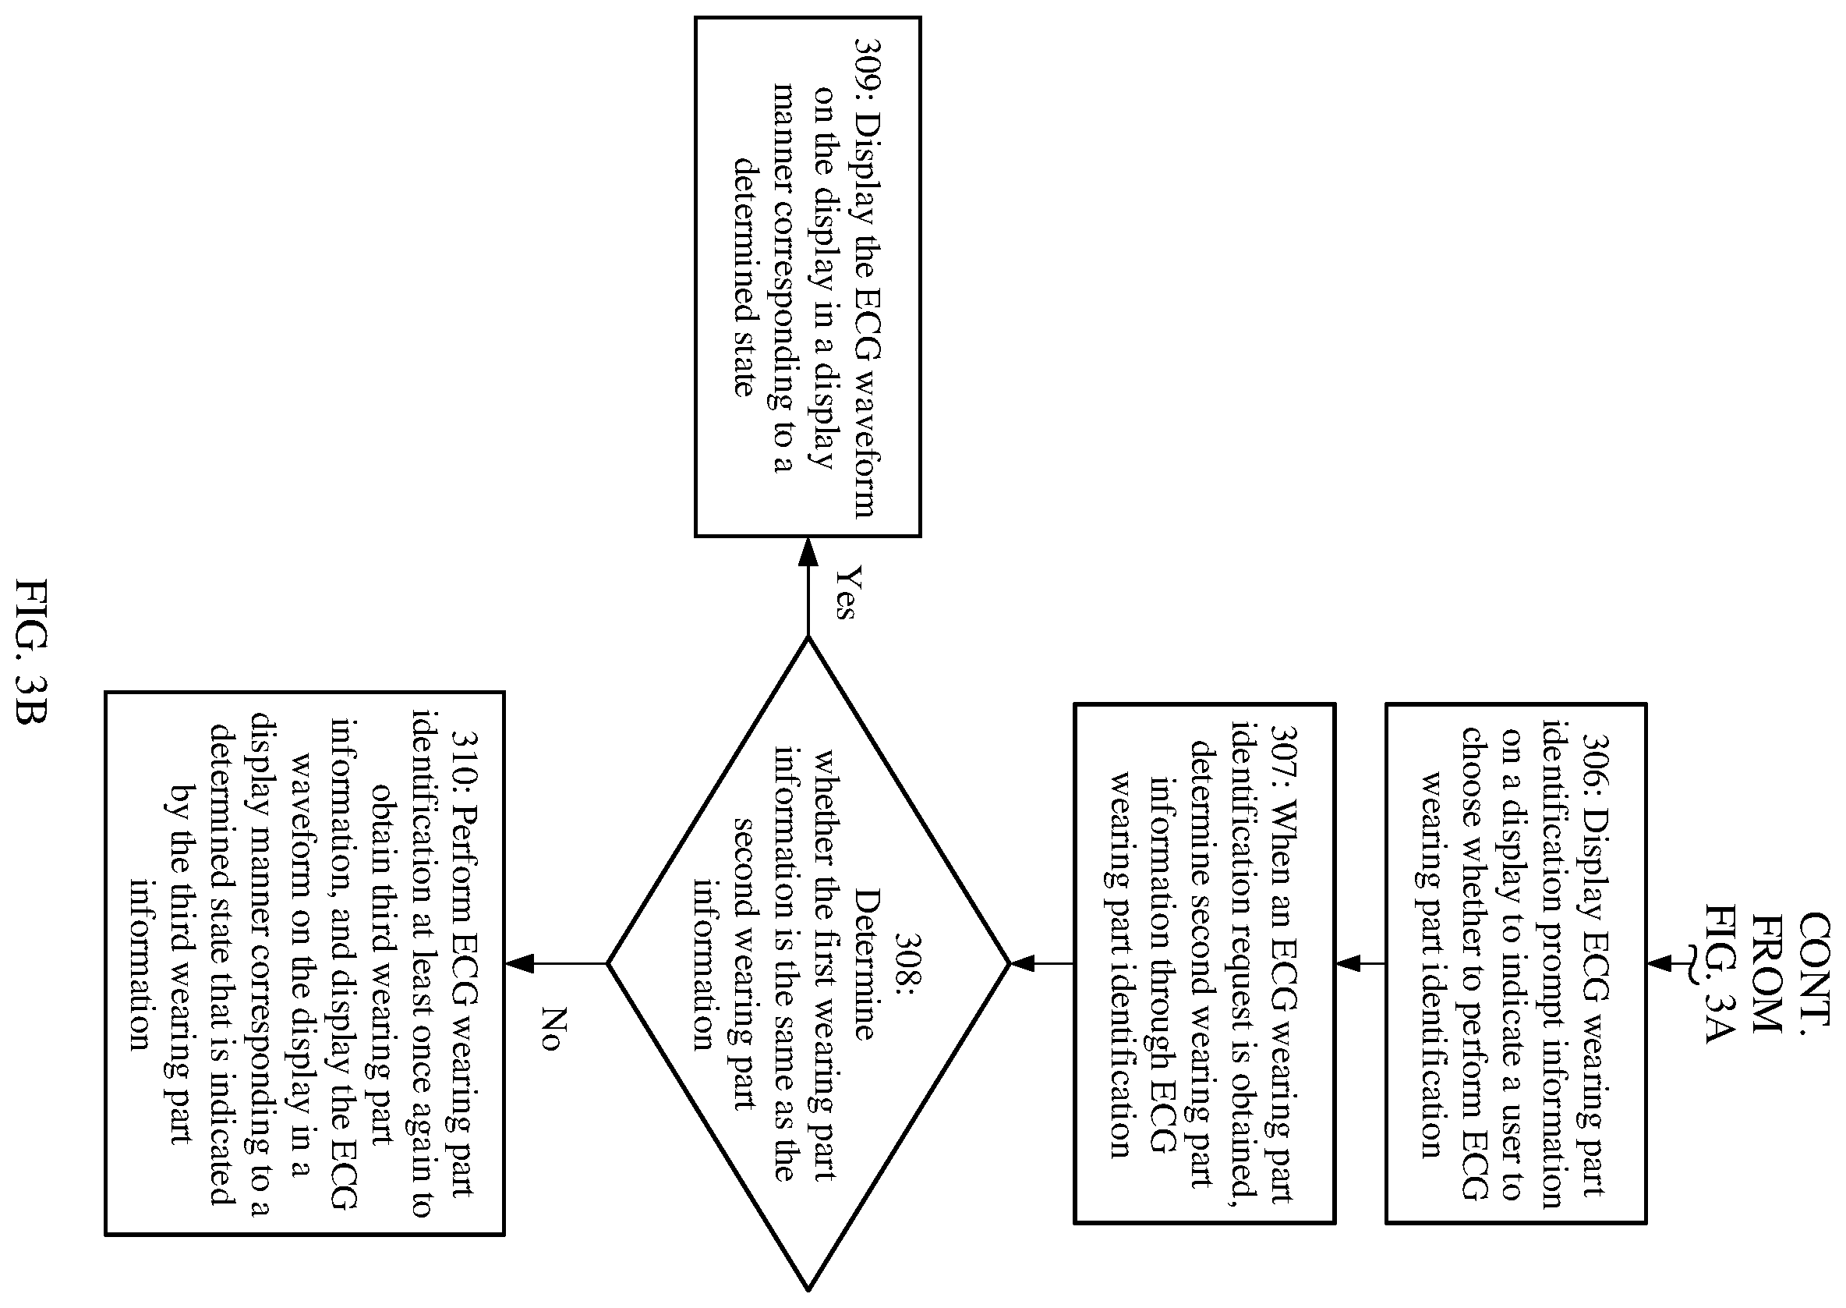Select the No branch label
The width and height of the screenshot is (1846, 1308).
click(550, 1029)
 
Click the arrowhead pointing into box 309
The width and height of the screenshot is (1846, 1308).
click(808, 551)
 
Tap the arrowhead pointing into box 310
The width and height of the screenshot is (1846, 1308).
click(519, 962)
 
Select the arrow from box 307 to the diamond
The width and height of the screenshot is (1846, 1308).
click(1041, 962)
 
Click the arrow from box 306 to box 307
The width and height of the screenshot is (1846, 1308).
click(1360, 962)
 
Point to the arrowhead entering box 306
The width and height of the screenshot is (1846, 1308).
click(1660, 962)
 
